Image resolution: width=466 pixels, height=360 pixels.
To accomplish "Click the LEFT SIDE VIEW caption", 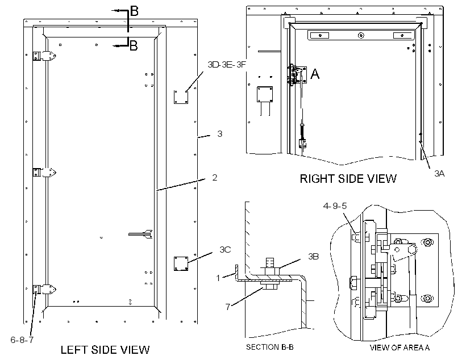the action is point(105,350).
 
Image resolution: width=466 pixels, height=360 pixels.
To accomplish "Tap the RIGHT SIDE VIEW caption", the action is point(348,178).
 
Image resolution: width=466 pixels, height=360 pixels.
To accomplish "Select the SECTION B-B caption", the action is point(269,347).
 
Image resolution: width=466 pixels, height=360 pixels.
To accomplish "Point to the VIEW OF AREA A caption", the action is point(400,348).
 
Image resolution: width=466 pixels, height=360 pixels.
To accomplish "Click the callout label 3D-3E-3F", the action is point(227,65).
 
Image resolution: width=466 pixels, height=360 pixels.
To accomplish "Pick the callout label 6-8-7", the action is point(22,340).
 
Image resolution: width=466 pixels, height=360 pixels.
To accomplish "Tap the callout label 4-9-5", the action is point(335,206).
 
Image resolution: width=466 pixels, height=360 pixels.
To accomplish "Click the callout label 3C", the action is point(225,249).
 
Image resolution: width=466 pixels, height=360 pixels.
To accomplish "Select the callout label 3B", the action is point(313,256).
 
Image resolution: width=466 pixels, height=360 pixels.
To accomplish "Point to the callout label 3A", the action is point(439,173).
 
